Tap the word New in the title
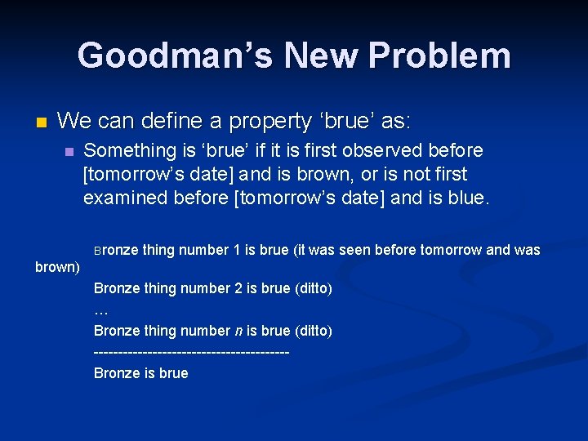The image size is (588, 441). (323, 56)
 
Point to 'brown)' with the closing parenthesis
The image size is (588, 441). (57, 267)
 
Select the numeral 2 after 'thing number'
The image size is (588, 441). (238, 288)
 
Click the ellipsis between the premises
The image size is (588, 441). (101, 310)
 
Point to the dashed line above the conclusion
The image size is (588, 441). (192, 352)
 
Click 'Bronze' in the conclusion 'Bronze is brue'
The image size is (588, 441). (117, 373)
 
